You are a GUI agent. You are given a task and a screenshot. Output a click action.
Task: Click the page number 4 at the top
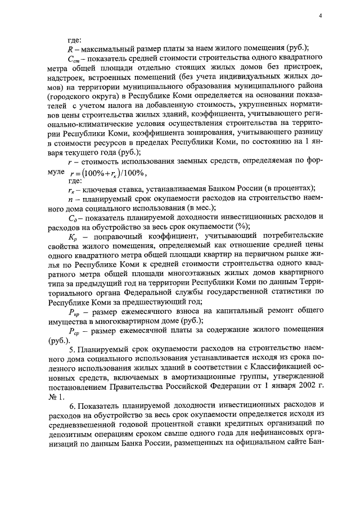(320, 15)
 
